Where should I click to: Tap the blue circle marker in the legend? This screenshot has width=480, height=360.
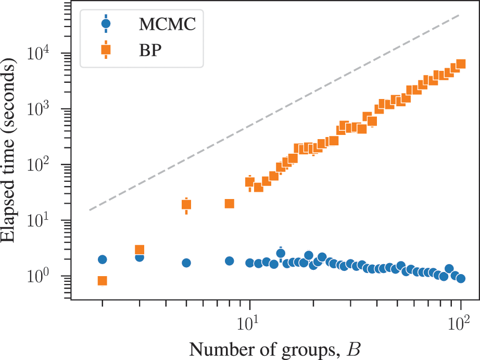pos(106,23)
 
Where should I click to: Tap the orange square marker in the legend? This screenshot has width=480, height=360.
pos(106,50)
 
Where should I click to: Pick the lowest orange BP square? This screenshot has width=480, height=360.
pos(103,281)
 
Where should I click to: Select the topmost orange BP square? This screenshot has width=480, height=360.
pos(460,64)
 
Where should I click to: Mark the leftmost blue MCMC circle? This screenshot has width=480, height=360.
pos(103,259)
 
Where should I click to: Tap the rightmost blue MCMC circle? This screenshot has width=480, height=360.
pos(460,278)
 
